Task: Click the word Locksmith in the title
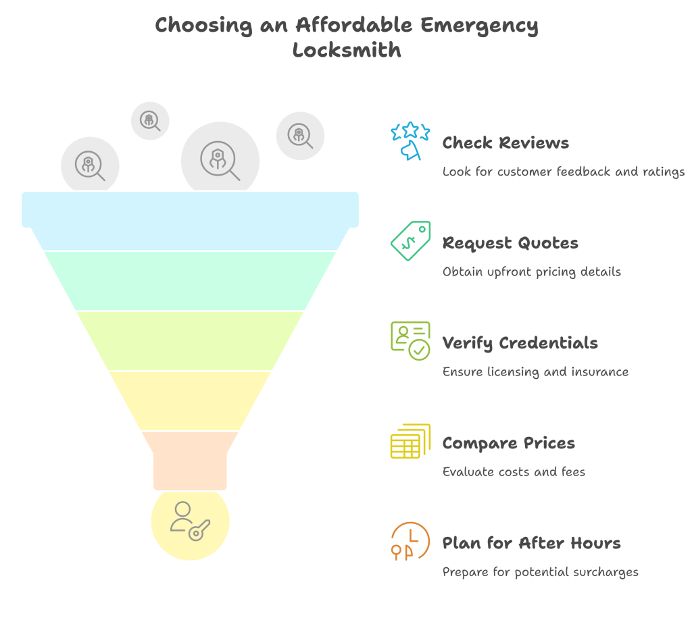pyautogui.click(x=347, y=50)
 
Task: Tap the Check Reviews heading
pyautogui.click(x=505, y=143)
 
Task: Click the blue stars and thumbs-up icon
pyautogui.click(x=410, y=140)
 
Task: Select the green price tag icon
pyautogui.click(x=410, y=241)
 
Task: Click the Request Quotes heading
pyautogui.click(x=510, y=243)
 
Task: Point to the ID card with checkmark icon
pyautogui.click(x=410, y=341)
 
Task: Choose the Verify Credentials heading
pyautogui.click(x=520, y=343)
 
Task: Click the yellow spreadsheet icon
pyautogui.click(x=410, y=441)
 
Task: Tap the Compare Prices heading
pyautogui.click(x=509, y=443)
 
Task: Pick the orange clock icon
pyautogui.click(x=410, y=541)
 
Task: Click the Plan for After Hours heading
pyautogui.click(x=531, y=543)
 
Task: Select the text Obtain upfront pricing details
pyautogui.click(x=531, y=271)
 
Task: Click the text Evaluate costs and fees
pyautogui.click(x=514, y=472)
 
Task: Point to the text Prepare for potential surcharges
pyautogui.click(x=540, y=572)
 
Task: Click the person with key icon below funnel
pyautogui.click(x=190, y=521)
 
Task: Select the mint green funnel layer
pyautogui.click(x=190, y=281)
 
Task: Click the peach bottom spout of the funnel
pyautogui.click(x=190, y=461)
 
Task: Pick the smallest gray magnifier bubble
pyautogui.click(x=150, y=120)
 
